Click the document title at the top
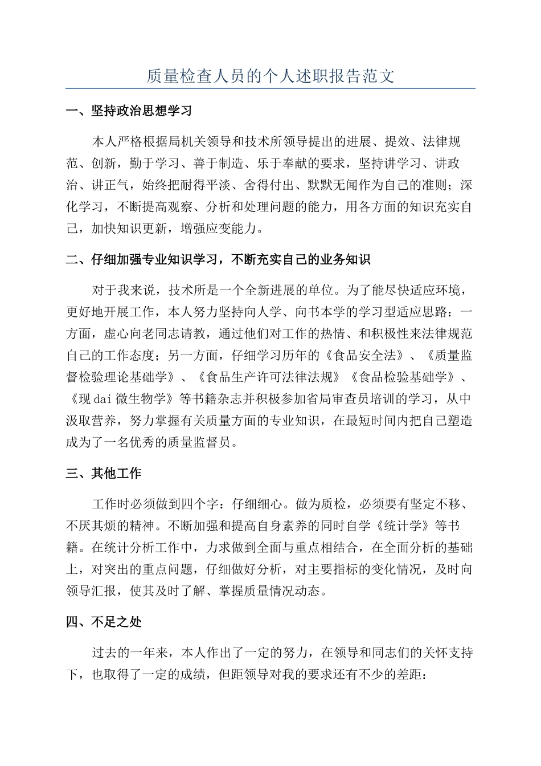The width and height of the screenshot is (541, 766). coord(270,76)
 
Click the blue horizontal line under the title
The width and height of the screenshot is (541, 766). coord(270,88)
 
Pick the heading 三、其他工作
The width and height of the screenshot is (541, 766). coord(104,473)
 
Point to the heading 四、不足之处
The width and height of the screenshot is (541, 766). coord(104,622)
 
